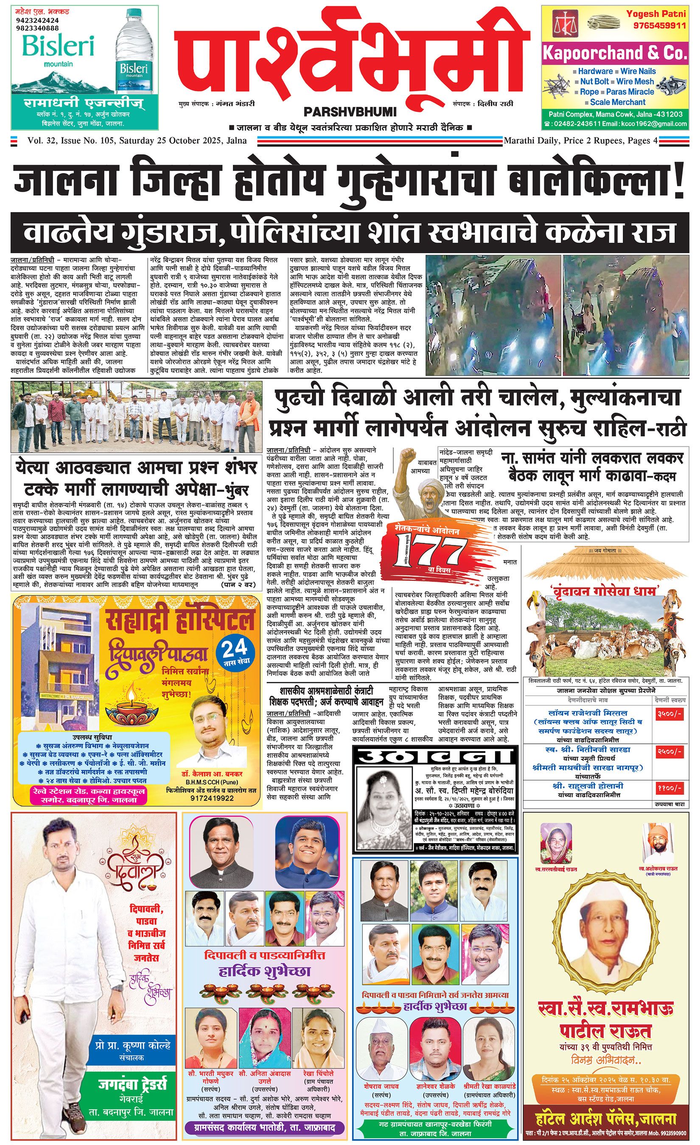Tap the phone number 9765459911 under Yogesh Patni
pos(660,25)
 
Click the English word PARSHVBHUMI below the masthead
pos(350,112)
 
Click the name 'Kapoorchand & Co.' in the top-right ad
pos(614,53)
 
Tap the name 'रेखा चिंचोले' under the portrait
pos(318,1073)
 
